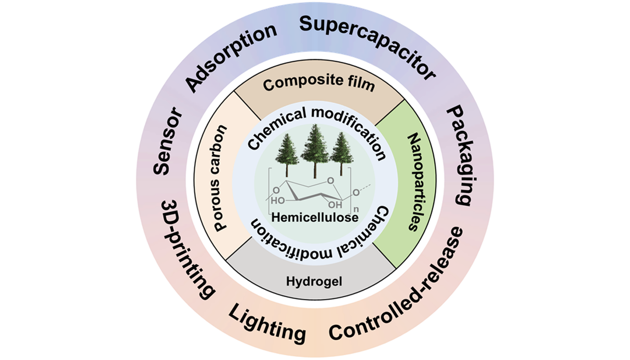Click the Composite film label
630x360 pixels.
click(x=318, y=84)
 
